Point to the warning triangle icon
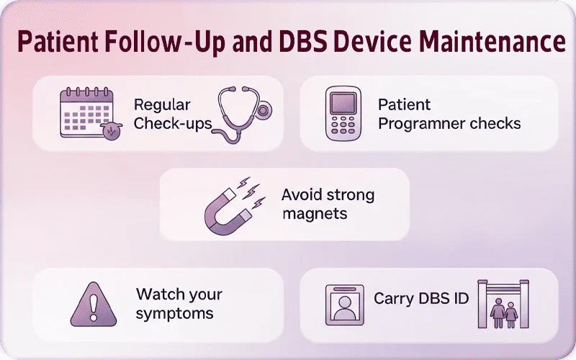pos(93,305)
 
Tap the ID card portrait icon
pos(345,305)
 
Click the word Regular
pos(162,105)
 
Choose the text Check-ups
pos(173,123)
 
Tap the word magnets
pos(315,214)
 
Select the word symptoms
pos(175,313)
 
